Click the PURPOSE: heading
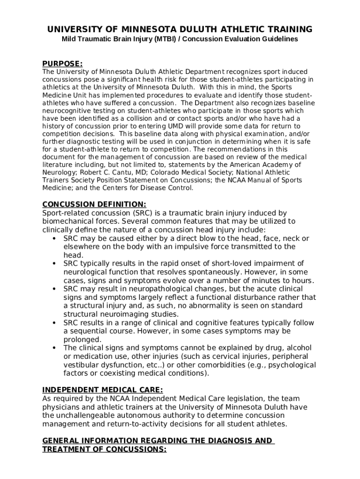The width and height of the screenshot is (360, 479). pyautogui.click(x=62, y=64)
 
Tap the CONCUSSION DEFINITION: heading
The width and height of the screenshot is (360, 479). pyautogui.click(x=94, y=204)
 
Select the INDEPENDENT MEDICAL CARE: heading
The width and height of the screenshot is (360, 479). pyautogui.click(x=102, y=390)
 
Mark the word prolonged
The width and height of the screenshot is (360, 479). pyautogui.click(x=82, y=340)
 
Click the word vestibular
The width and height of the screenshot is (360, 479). pyautogui.click(x=82, y=365)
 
